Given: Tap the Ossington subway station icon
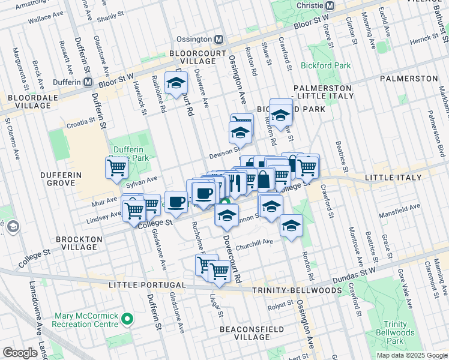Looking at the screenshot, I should click(219, 40).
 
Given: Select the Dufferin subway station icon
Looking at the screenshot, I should click(88, 82).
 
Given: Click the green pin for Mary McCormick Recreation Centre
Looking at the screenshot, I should click(127, 319).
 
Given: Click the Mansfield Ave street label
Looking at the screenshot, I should click(399, 208).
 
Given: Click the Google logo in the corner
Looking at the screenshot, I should click(20, 353).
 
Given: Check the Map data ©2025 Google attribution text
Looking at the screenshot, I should click(412, 355).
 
